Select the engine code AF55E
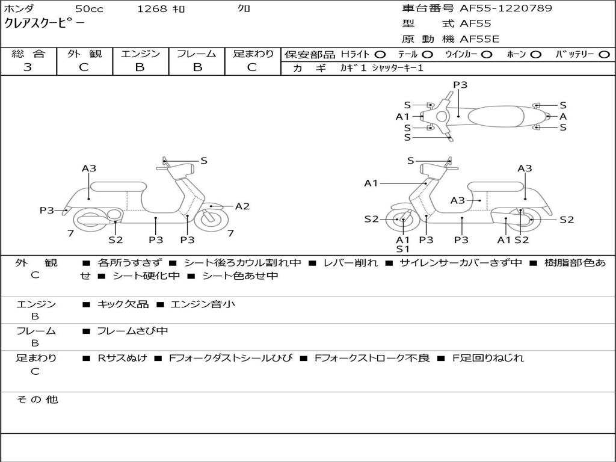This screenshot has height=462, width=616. point(479,39)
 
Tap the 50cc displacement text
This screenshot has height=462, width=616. point(89,8)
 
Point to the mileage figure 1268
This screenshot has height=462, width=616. point(152,8)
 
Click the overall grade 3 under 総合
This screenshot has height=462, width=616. point(28,67)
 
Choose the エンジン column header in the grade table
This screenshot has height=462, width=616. point(140,54)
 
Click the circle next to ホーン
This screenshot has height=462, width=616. point(536,54)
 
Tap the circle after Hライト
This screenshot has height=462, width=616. point(380,54)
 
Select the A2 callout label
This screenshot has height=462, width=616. point(242,206)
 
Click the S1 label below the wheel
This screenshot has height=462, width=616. point(402,248)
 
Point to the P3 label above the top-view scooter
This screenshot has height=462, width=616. point(460,85)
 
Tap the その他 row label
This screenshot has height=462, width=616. point(37,399)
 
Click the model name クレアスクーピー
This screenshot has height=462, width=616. point(45,23)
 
